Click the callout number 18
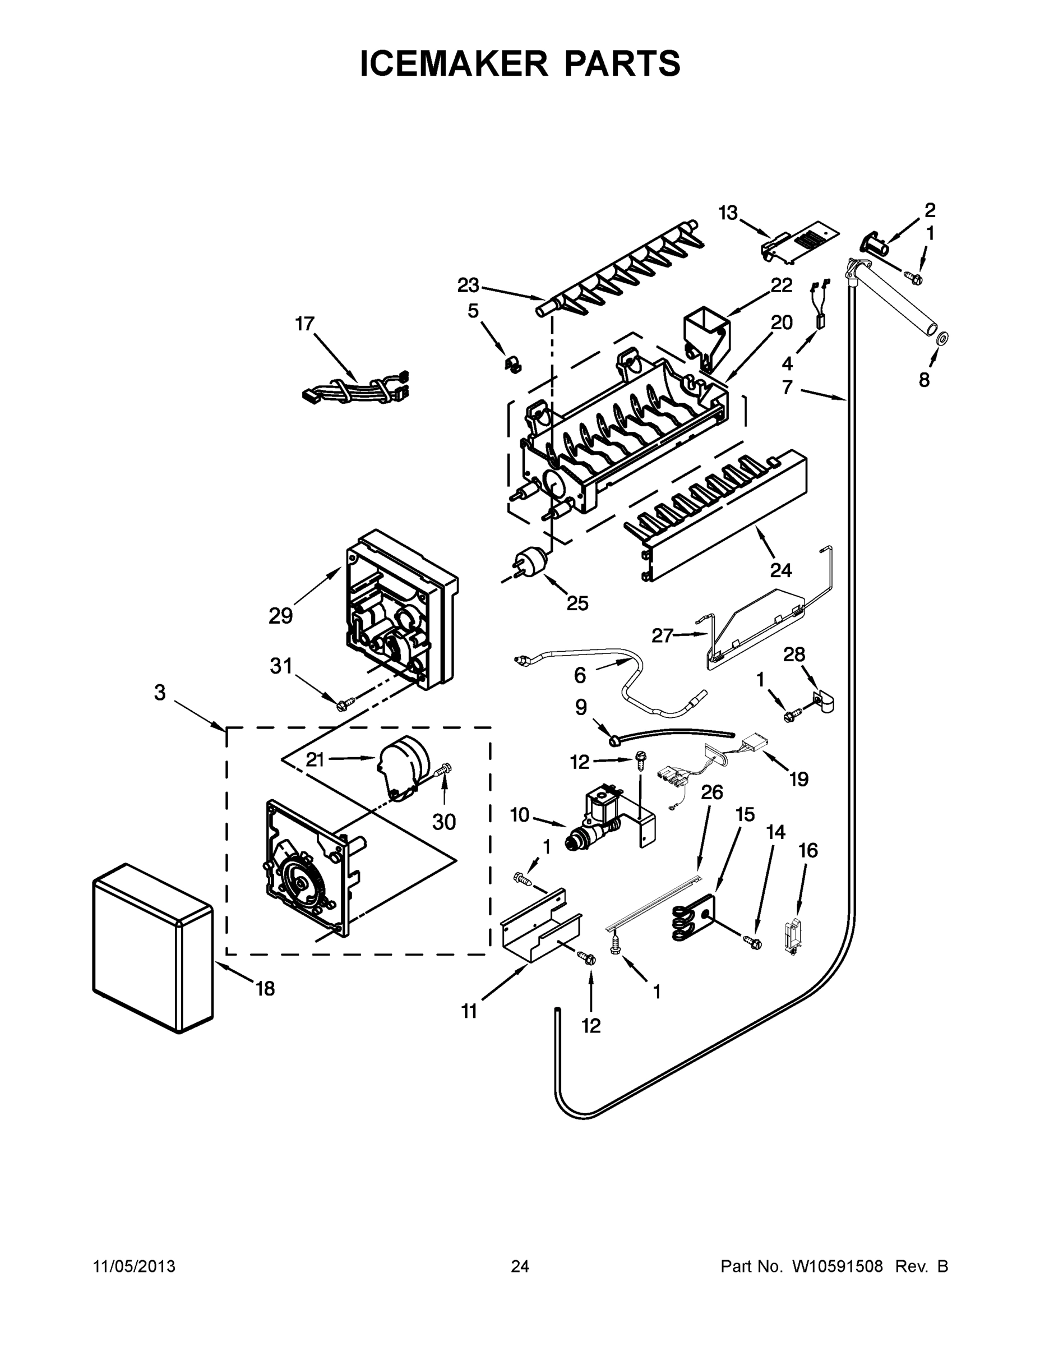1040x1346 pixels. click(x=265, y=989)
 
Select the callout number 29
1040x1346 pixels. click(x=280, y=616)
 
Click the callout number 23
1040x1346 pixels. click(x=468, y=285)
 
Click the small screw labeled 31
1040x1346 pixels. click(x=347, y=702)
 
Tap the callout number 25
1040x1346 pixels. click(x=577, y=603)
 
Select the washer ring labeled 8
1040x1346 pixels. click(x=942, y=338)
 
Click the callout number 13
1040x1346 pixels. click(x=728, y=213)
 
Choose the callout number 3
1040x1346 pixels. click(x=160, y=693)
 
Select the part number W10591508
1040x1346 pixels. click(x=836, y=1266)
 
